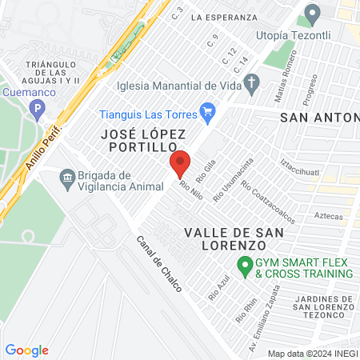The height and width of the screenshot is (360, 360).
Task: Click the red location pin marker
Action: [180, 163]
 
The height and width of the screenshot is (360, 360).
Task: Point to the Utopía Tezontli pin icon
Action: [312, 14]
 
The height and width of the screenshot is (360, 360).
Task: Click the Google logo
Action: [26, 350]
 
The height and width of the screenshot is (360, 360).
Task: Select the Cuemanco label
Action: [22, 93]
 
